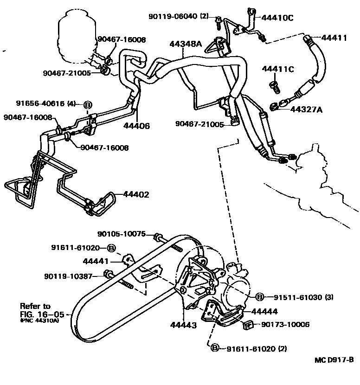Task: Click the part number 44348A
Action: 185,44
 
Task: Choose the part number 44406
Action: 137,125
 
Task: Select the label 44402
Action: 136,194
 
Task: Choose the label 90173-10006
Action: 285,325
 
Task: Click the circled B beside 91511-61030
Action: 260,296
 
